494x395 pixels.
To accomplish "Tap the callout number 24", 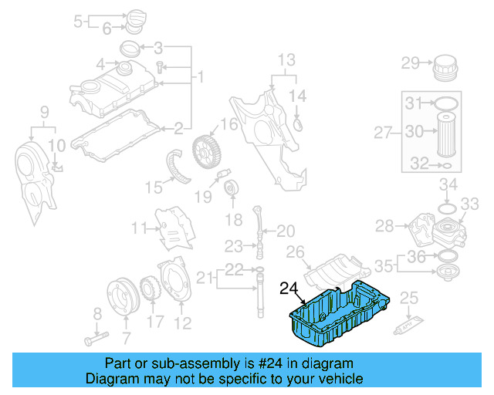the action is click(x=288, y=289).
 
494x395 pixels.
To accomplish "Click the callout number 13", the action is click(x=286, y=59).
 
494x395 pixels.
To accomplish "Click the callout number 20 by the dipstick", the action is click(x=286, y=231).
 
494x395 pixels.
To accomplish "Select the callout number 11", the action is click(x=139, y=228).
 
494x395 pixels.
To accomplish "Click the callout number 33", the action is click(x=470, y=204).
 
